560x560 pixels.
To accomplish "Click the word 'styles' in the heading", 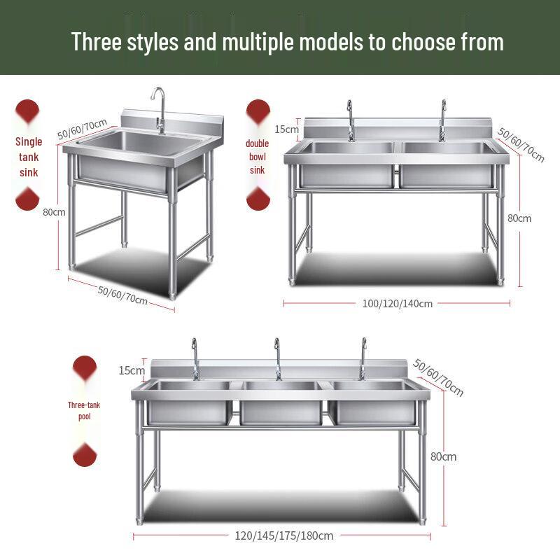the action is tap(153, 42).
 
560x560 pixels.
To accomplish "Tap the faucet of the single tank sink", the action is tap(160, 110).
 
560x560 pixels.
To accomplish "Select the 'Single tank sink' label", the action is tap(29, 157).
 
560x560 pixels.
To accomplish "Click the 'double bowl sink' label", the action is tap(257, 157).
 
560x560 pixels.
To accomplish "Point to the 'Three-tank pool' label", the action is tap(84, 411).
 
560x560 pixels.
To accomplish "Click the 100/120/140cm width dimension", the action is tap(397, 304).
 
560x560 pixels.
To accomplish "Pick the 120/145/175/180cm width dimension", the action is tap(284, 535).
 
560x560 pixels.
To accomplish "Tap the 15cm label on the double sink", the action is tap(286, 129).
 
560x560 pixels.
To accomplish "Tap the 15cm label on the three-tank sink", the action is tap(132, 370).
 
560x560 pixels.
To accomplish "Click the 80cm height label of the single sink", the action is tap(54, 212).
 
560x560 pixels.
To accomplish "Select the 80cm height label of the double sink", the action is tap(519, 218).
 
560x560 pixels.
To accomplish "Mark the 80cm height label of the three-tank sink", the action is tap(443, 456).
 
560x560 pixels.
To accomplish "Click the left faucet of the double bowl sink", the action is tap(351, 120).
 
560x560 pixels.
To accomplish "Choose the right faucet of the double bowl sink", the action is tap(443, 120).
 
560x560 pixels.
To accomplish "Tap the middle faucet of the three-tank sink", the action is tap(278, 359).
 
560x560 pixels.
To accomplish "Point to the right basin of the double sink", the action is tap(447, 164).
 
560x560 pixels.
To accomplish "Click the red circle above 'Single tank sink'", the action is tap(27, 111).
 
